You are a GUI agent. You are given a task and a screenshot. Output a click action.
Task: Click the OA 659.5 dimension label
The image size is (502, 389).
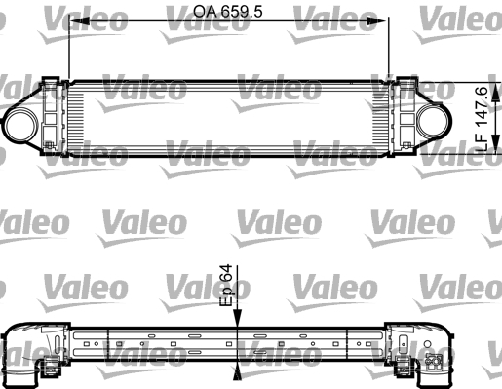[227, 12]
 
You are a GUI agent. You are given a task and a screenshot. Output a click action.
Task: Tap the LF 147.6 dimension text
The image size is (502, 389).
[482, 119]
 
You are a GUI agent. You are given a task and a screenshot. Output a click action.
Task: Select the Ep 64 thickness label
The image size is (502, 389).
[226, 285]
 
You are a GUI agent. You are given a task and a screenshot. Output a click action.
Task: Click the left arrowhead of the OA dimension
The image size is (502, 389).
[80, 21]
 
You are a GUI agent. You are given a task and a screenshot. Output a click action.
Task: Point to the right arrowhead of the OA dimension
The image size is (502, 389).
[376, 21]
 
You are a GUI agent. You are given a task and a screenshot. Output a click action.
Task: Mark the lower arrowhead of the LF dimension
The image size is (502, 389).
[495, 143]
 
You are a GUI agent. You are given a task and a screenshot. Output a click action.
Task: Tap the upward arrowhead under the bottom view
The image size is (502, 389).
[238, 371]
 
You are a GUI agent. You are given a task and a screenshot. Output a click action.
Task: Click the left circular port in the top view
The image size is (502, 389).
[20, 126]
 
